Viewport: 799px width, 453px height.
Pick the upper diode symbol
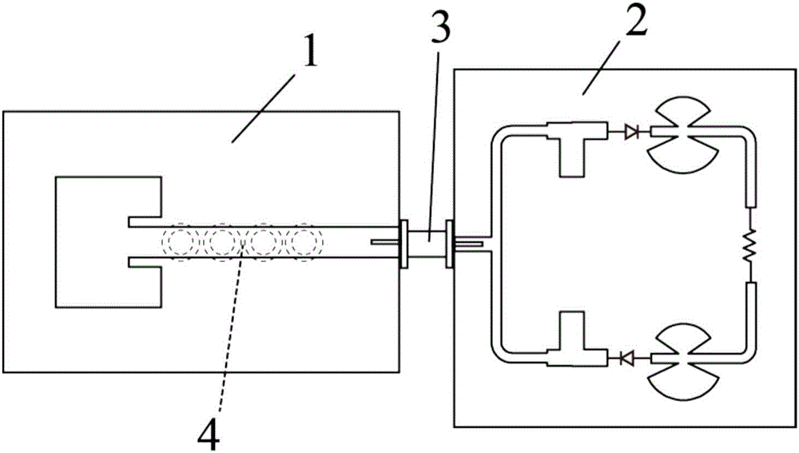click(x=633, y=130)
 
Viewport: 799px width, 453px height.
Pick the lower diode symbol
click(x=626, y=360)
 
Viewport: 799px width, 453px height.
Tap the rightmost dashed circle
click(x=303, y=242)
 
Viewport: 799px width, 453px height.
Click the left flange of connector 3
click(x=403, y=242)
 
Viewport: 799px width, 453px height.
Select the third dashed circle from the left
click(x=263, y=242)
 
